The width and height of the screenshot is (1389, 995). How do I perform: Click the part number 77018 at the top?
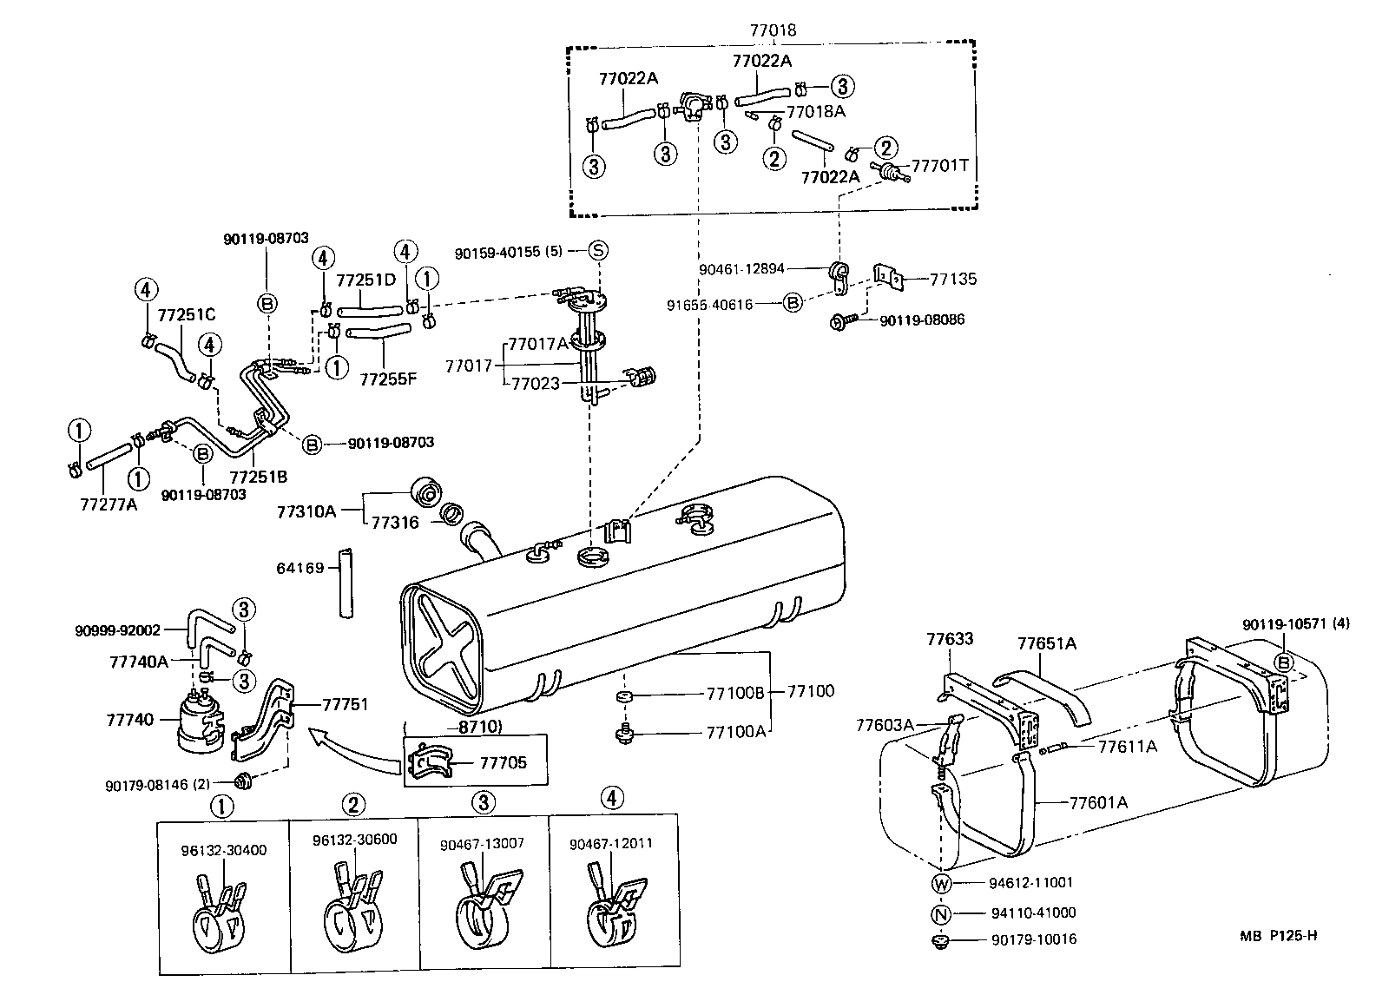(772, 30)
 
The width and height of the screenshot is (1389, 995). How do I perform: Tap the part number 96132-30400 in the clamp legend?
(223, 850)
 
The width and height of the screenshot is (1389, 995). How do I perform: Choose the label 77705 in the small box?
(503, 763)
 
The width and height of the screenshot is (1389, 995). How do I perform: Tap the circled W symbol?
(942, 884)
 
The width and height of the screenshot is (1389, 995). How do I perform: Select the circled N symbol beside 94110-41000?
(942, 913)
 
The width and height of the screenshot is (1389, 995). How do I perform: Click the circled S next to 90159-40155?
(598, 251)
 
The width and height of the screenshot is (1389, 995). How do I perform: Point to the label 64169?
(300, 568)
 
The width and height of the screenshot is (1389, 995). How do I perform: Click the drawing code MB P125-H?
(1278, 935)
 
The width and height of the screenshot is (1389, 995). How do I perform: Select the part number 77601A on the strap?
(1097, 802)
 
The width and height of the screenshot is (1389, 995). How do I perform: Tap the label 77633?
(949, 639)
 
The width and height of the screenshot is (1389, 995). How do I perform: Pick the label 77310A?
(306, 511)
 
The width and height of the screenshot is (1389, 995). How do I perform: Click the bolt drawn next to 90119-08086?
(844, 321)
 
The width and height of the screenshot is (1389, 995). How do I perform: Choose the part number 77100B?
(735, 693)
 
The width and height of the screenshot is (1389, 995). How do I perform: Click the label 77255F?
(388, 379)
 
